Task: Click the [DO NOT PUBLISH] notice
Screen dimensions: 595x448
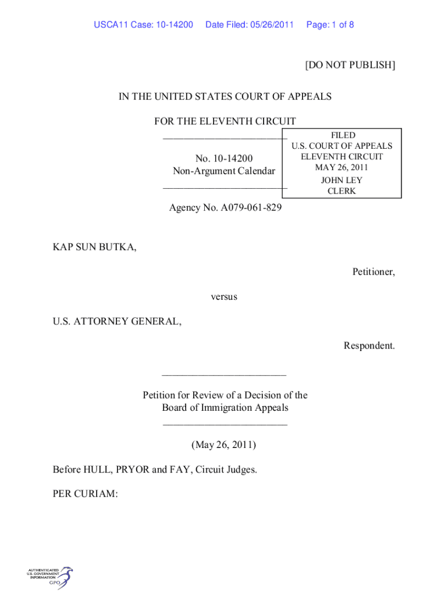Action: click(x=350, y=65)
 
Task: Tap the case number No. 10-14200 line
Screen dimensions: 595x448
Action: click(x=224, y=158)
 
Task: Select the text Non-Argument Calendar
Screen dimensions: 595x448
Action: click(x=224, y=171)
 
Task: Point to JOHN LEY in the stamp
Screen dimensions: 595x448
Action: click(x=342, y=180)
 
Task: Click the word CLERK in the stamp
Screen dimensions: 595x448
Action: click(x=342, y=191)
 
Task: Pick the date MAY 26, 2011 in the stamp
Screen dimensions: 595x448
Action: click(x=342, y=168)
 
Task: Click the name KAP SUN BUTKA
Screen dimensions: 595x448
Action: click(x=95, y=248)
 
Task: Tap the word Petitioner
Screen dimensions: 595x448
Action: click(x=373, y=272)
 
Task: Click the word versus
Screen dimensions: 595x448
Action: click(x=224, y=297)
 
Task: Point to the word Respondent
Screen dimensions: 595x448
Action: click(x=369, y=346)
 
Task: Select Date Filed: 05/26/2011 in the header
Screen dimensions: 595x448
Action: click(x=250, y=25)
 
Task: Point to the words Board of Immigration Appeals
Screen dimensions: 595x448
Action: click(x=225, y=407)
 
